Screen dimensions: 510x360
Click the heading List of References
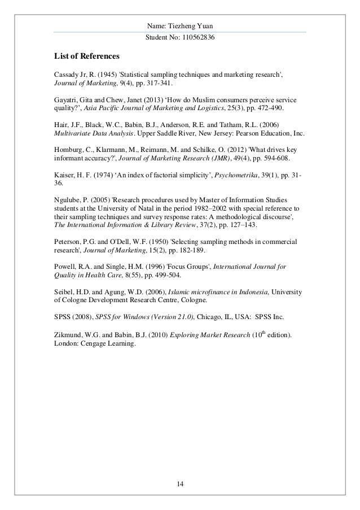(x=86, y=56)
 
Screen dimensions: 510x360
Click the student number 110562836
(x=196, y=37)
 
